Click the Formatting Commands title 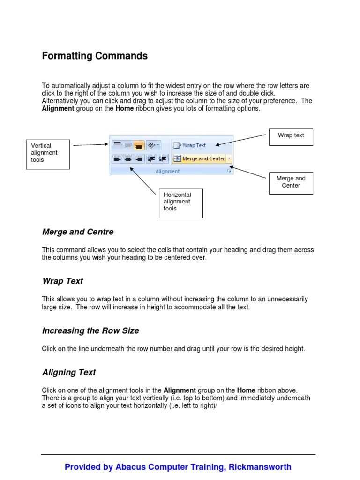click(95, 56)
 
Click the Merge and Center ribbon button click(199, 158)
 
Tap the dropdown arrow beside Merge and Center click(229, 158)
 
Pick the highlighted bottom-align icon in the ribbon click(139, 145)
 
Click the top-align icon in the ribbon click(117, 145)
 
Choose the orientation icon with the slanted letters click(153, 145)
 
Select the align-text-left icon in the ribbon click(117, 158)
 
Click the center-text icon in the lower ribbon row click(128, 158)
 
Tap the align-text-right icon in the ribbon click(139, 158)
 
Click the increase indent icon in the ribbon click(163, 158)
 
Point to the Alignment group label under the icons click(167, 172)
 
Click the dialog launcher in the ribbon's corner click(229, 172)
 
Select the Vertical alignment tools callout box click(48, 154)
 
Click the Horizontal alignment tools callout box click(180, 203)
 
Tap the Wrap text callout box click(291, 136)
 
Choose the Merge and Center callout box click(291, 182)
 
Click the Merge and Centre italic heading click(78, 232)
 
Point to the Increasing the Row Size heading click(90, 331)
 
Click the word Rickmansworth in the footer click(260, 467)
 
